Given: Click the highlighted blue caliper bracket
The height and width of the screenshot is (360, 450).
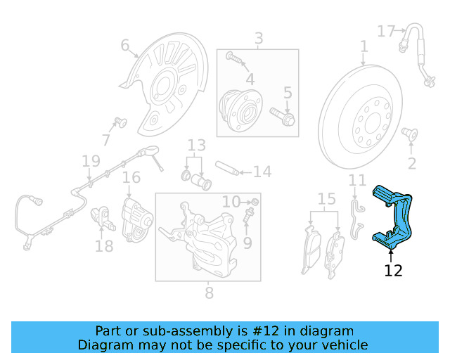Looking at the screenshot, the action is [x=397, y=217].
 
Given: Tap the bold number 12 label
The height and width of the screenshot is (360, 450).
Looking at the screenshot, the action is [x=393, y=271].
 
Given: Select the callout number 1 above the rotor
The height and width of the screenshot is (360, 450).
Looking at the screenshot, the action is [x=364, y=46].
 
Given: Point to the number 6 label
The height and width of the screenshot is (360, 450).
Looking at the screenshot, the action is [x=125, y=46].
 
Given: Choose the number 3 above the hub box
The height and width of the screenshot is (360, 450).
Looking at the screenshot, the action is [x=259, y=38].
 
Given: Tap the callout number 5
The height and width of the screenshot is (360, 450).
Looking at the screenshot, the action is [x=288, y=92].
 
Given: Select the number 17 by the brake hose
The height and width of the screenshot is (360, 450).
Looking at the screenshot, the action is [x=387, y=31].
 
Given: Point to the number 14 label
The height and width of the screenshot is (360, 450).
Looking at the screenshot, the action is [x=262, y=171].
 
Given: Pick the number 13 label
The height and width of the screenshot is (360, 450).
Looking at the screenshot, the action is [x=196, y=146].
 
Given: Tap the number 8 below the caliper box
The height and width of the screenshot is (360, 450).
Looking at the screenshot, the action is [x=209, y=293].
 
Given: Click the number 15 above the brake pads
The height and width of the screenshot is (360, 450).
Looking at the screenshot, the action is [x=326, y=200].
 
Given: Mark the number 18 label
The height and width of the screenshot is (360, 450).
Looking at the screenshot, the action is [x=104, y=246].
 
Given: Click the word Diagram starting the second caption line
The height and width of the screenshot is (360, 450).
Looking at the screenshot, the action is [x=103, y=345].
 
